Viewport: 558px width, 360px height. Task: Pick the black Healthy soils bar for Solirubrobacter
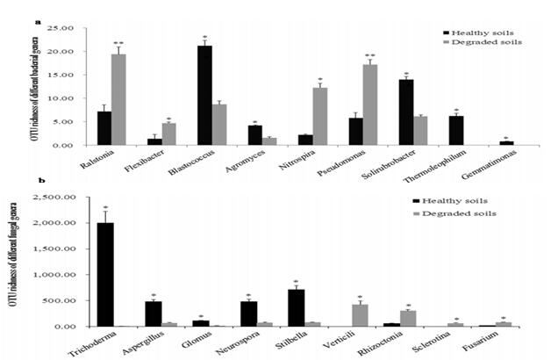(x=405, y=112)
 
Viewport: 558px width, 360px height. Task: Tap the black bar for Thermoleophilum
(x=455, y=130)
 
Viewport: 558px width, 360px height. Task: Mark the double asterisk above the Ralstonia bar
(x=118, y=41)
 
